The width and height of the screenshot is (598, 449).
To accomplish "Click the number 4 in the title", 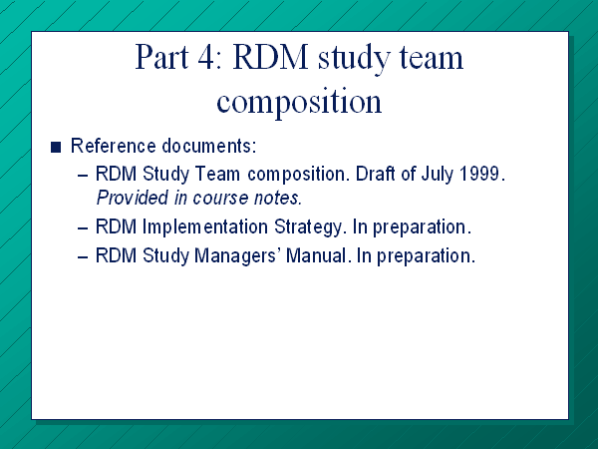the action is click(206, 57).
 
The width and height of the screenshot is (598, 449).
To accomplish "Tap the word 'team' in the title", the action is click(432, 58).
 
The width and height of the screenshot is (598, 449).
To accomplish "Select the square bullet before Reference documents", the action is click(56, 147).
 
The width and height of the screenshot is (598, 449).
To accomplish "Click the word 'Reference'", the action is click(114, 146).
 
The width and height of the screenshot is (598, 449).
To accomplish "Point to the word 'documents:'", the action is click(209, 146).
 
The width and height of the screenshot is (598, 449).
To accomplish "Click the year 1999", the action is click(482, 174).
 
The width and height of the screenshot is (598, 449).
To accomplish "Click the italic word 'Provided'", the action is click(133, 198).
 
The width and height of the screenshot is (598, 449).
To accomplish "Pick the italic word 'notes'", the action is click(278, 199).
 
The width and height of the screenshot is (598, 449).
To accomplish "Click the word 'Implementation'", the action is click(204, 226).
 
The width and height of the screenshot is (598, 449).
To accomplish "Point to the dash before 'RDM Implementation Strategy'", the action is click(83, 228).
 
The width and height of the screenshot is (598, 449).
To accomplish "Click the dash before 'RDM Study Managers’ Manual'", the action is click(83, 257).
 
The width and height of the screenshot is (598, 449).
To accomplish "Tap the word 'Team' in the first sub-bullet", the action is click(217, 174).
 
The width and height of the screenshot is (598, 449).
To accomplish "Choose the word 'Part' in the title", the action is click(162, 57).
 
